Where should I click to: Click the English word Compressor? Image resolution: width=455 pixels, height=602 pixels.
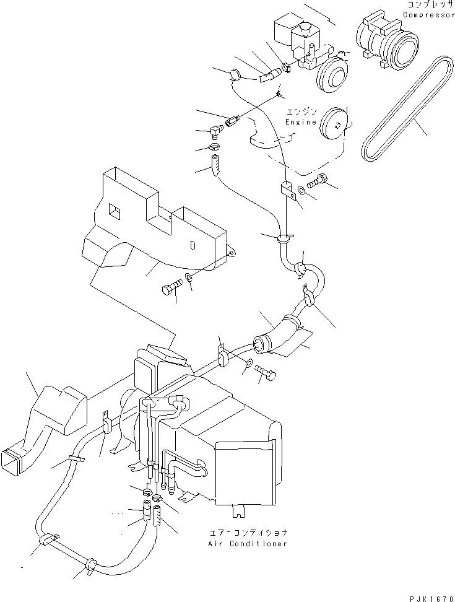(x=429, y=15)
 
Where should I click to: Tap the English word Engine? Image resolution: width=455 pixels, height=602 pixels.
(x=301, y=122)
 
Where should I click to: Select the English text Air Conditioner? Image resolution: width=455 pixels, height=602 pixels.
(x=248, y=543)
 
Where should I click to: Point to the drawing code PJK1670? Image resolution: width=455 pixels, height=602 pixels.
(x=431, y=598)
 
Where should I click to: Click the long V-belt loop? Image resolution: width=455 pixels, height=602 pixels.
(x=407, y=108)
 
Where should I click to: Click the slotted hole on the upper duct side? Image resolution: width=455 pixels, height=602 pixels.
(x=193, y=245)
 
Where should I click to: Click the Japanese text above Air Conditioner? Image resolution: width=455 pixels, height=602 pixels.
(x=248, y=533)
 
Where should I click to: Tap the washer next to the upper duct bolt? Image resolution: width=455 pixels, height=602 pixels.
(x=189, y=276)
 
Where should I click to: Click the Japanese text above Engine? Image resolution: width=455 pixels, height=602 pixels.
(x=301, y=112)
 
